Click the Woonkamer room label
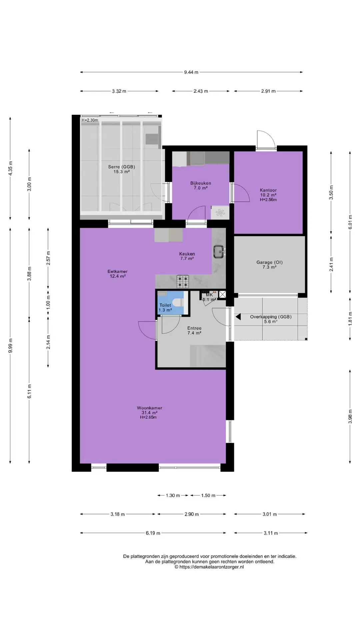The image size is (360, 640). [x=149, y=408]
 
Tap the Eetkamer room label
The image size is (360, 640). [x=117, y=271]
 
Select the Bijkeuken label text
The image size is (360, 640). [x=201, y=183]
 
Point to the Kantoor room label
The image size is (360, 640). [x=268, y=190]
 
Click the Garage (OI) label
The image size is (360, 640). [x=269, y=262]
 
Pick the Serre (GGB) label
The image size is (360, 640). [x=121, y=167]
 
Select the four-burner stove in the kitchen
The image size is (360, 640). [x=183, y=281]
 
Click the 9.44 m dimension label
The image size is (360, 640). [x=191, y=72]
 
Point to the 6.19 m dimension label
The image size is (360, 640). [x=153, y=533]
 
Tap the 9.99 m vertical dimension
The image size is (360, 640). [x=10, y=345]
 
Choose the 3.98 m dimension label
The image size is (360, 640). [x=350, y=417]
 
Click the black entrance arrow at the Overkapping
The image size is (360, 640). [x=238, y=317]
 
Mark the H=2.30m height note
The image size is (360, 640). [x=90, y=120]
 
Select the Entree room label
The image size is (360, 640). [x=194, y=328]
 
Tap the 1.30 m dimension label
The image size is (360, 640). [x=173, y=495]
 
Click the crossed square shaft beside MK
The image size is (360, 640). [x=222, y=294]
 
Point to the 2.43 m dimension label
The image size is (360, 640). [x=201, y=91]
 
